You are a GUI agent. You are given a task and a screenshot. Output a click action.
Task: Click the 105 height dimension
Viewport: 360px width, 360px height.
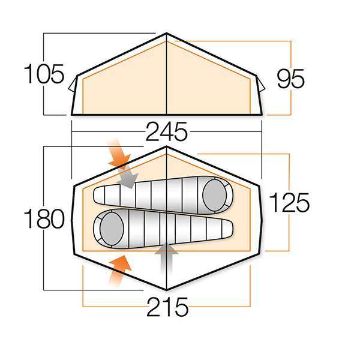pos(44,76)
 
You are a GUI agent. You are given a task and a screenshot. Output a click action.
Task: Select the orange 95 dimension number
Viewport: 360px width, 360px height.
pos(291,79)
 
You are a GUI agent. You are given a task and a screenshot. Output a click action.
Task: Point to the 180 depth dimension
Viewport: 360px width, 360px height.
pos(44,220)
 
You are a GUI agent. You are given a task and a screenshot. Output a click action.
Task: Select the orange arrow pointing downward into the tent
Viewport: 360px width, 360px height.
pos(119,155)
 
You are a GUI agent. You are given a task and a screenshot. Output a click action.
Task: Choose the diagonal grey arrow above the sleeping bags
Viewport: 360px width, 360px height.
pos(128,177)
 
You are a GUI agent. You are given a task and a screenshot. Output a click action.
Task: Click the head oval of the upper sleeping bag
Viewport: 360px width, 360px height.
pos(214,194)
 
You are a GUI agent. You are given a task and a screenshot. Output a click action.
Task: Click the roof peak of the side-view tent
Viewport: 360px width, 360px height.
pos(166,34)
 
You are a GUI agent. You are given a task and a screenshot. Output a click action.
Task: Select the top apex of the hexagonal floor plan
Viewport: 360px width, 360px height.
pos(167,146)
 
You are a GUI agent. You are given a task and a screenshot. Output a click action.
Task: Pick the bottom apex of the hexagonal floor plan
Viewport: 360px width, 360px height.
pos(167,290)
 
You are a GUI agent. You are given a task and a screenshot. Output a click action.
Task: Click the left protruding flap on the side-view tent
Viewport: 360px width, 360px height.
pos(73,85)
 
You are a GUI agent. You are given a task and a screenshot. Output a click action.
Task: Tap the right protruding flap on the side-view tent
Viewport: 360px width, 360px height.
pos(260,85)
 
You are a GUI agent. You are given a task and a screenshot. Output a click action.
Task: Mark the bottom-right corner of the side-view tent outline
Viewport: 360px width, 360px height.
pos(262,114)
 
